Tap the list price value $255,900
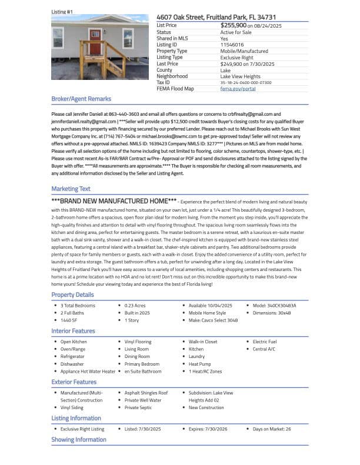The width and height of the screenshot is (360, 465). [234, 26]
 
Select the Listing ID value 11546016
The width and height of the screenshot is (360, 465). [231, 45]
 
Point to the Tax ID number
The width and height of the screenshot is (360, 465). [246, 82]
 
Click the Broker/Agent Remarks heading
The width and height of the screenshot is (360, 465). [81, 99]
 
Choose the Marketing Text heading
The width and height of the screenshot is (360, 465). [71, 189]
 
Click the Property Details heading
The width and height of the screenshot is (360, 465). [72, 295]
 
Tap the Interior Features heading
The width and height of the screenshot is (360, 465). [73, 331]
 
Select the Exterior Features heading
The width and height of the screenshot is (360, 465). [74, 382]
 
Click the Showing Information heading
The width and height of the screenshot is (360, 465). [79, 439]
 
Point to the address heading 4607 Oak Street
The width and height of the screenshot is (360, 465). [216, 18]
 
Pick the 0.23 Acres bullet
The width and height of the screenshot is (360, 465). [135, 306]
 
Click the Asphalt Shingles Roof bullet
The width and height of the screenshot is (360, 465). [146, 393]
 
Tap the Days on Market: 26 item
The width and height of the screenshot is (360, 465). [272, 429]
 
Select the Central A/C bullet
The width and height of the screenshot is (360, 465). [264, 349]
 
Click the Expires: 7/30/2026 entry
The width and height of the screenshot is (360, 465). [209, 429]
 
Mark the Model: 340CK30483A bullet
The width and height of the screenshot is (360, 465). [274, 306]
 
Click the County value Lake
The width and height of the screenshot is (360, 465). [225, 70]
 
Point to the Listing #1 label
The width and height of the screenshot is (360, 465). [62, 11]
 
